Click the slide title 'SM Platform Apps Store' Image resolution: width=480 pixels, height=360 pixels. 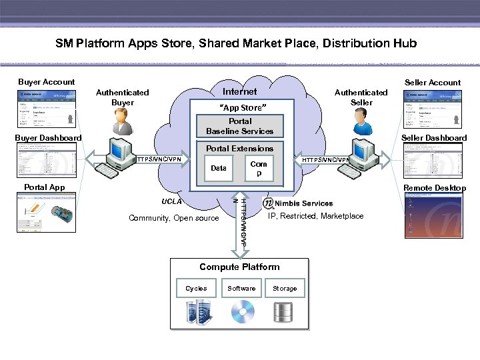click(x=236, y=43)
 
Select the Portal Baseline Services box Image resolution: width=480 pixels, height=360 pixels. click(x=240, y=126)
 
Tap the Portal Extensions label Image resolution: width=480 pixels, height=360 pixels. click(x=240, y=149)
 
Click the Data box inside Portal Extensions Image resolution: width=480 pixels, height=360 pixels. click(x=219, y=169)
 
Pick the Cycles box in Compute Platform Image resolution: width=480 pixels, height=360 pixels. click(x=196, y=289)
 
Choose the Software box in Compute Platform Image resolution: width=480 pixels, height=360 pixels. click(x=241, y=289)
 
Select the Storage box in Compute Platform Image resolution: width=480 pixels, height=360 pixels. click(x=285, y=289)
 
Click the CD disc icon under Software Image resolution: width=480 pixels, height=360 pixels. click(x=242, y=311)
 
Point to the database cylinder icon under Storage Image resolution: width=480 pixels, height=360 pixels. click(x=283, y=311)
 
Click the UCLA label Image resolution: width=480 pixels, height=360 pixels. click(x=171, y=201)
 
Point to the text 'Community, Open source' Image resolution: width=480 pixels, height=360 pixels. click(x=173, y=218)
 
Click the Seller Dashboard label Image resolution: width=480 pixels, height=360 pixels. click(x=434, y=138)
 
